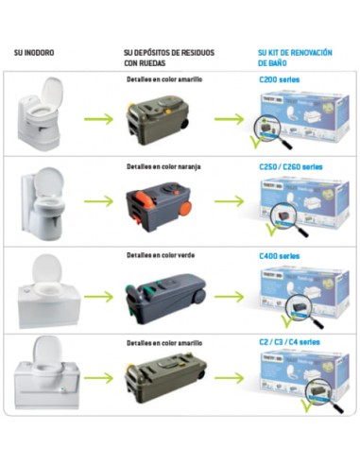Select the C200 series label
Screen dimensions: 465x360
point(280,80)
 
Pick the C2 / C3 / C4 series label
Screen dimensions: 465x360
point(293,341)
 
